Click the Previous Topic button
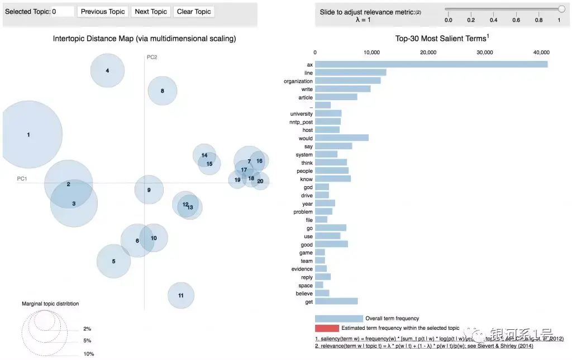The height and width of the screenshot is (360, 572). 103,12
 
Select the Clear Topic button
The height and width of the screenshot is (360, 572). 194,12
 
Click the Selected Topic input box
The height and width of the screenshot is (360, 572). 63,12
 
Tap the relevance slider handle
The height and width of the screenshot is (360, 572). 561,8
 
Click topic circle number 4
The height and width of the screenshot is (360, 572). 107,70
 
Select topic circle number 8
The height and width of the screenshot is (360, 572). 163,91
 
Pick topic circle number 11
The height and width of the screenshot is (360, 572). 181,295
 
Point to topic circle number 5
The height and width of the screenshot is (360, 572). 113,261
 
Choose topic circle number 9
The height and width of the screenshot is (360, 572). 149,190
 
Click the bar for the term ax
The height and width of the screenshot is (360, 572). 431,64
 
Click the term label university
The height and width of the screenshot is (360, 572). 302,113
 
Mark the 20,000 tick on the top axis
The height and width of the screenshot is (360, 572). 428,52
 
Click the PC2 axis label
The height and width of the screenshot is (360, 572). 152,57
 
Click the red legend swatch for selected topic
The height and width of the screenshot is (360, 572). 327,328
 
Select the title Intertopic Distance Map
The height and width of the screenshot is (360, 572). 144,39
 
